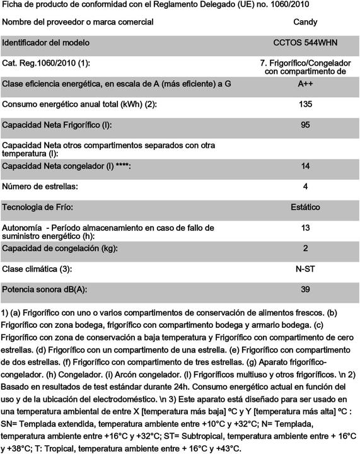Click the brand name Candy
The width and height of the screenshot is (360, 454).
click(x=305, y=23)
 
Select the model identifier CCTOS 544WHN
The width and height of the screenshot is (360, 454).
click(x=305, y=43)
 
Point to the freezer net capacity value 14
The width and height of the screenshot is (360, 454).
click(x=305, y=166)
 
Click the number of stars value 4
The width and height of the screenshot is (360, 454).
click(x=305, y=187)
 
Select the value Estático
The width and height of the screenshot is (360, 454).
click(x=305, y=207)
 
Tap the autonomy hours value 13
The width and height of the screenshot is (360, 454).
click(x=305, y=228)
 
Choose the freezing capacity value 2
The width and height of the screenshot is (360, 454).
click(x=305, y=248)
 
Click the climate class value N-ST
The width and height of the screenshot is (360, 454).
click(x=305, y=269)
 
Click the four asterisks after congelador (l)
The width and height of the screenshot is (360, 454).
click(x=124, y=166)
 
